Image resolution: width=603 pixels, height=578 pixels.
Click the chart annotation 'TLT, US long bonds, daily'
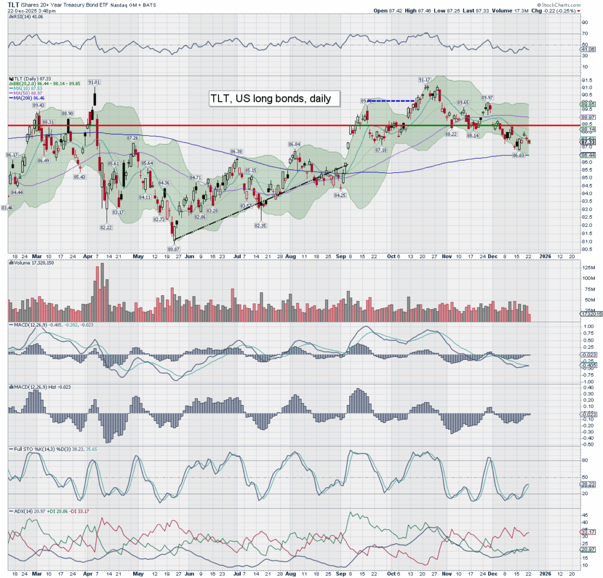tap(274, 99)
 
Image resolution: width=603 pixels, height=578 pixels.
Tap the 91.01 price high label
tap(94, 82)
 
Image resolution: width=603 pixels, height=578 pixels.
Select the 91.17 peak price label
tap(424, 79)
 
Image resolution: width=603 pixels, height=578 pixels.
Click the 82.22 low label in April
tap(105, 228)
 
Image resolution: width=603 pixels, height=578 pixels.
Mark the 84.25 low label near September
tap(339, 195)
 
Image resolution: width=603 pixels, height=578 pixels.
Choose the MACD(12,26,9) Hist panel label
tap(35, 387)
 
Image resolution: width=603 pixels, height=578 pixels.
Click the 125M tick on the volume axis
tap(587, 268)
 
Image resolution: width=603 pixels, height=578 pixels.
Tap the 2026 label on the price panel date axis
tap(545, 256)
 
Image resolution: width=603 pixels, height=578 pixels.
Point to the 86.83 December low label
tap(518, 155)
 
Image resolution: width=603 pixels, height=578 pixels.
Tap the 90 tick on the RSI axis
tap(585, 22)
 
